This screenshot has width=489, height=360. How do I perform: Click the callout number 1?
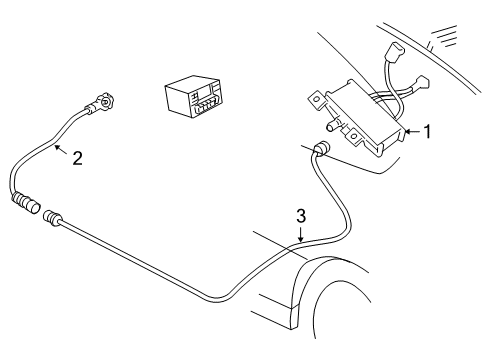(427, 131)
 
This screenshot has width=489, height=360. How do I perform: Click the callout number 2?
(77, 157)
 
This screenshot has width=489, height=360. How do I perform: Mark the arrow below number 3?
(299, 233)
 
